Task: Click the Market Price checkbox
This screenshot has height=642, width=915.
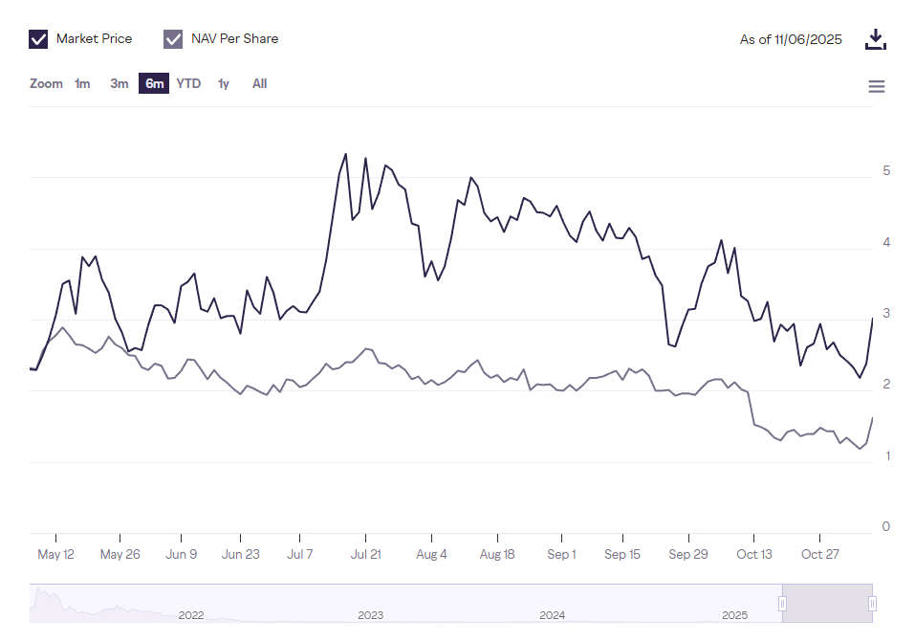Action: click(39, 39)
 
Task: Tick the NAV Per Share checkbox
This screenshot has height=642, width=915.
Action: click(173, 39)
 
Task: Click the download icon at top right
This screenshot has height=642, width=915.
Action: click(876, 39)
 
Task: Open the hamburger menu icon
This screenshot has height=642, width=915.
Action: click(876, 87)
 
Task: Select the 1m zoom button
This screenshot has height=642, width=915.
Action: click(82, 84)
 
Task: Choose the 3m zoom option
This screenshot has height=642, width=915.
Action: click(119, 84)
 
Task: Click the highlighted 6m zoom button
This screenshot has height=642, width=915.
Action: click(154, 84)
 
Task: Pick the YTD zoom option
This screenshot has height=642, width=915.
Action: click(188, 84)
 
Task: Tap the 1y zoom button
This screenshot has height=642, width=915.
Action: click(224, 84)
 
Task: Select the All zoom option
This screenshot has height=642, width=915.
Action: click(259, 84)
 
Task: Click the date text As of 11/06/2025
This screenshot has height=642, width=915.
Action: click(791, 39)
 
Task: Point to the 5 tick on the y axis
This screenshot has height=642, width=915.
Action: click(886, 171)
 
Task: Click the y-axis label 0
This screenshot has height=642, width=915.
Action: click(886, 527)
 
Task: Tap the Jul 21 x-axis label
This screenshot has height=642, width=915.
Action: click(366, 555)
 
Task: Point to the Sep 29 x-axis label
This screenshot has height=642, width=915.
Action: click(688, 555)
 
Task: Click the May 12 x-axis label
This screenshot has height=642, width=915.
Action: click(55, 555)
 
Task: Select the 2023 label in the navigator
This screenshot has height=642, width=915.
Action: click(371, 615)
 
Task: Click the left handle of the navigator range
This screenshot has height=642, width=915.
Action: click(782, 604)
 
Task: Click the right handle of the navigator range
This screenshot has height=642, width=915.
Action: click(873, 604)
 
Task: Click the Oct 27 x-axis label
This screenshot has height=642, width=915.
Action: click(819, 555)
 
